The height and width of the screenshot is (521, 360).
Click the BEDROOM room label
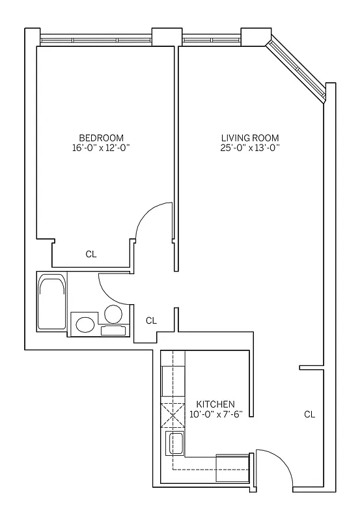point(101,137)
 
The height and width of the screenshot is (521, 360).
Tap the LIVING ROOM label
point(250,137)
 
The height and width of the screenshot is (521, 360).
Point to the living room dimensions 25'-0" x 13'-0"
point(250,147)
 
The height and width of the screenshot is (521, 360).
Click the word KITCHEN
point(215,404)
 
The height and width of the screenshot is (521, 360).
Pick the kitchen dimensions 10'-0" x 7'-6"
point(215,414)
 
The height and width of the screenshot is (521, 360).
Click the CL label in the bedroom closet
point(91,255)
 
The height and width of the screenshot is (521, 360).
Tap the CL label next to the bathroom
point(151,320)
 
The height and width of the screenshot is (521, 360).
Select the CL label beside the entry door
point(309,414)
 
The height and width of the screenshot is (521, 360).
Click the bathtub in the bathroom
point(51,303)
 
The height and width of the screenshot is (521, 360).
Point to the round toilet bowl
point(113,315)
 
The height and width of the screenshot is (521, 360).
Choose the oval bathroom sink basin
point(84,324)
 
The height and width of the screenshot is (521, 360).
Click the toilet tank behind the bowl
point(113,330)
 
